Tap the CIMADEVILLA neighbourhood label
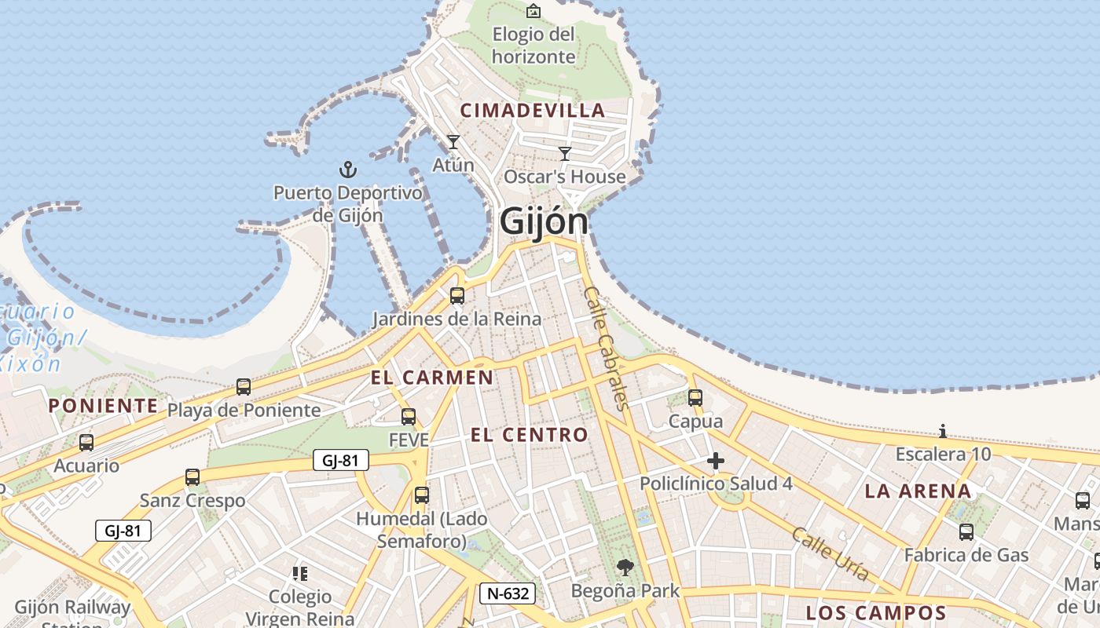click(x=533, y=111)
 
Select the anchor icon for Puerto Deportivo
click(x=347, y=169)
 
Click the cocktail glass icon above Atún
click(x=453, y=142)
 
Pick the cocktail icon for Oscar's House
click(x=565, y=153)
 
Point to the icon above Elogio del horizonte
click(x=533, y=10)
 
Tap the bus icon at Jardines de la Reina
click(x=456, y=296)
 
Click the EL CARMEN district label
click(x=432, y=378)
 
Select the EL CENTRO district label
click(x=529, y=435)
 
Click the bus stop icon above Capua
click(x=695, y=398)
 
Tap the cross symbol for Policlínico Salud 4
click(x=715, y=461)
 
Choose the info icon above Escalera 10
click(x=943, y=431)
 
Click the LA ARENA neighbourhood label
click(x=918, y=491)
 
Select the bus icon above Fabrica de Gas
click(x=966, y=531)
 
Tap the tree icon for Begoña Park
click(x=625, y=567)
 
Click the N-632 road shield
click(x=508, y=593)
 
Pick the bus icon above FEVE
click(x=409, y=417)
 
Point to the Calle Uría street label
click(x=830, y=554)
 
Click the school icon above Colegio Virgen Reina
click(x=299, y=574)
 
